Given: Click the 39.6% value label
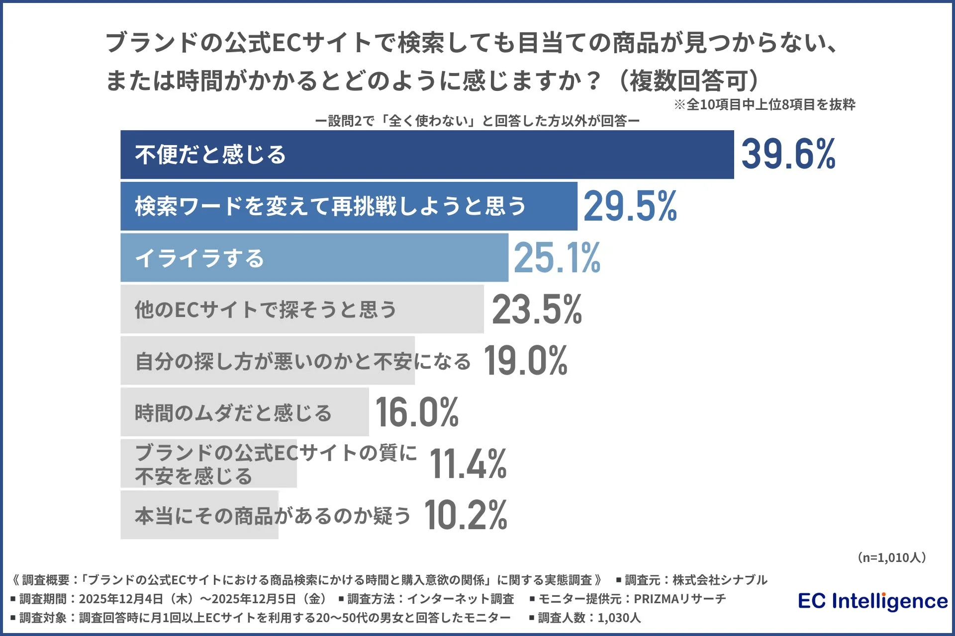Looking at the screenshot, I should pyautogui.click(x=788, y=155).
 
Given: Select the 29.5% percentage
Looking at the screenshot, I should pyautogui.click(x=630, y=206).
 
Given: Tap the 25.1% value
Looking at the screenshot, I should pyautogui.click(x=557, y=258).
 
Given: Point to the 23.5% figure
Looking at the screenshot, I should pyautogui.click(x=537, y=310).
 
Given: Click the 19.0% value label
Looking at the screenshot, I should pyautogui.click(x=525, y=361).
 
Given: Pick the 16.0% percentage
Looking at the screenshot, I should pyautogui.click(x=417, y=412).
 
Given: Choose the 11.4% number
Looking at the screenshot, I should pyautogui.click(x=468, y=464).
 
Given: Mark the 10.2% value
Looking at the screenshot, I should pyautogui.click(x=466, y=515).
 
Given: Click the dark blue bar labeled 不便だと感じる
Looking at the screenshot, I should pyautogui.click(x=427, y=155).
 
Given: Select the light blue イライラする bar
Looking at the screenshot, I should pyautogui.click(x=314, y=258).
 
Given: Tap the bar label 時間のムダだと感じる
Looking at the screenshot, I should pyautogui.click(x=233, y=413).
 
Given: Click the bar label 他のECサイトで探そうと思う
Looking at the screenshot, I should pyautogui.click(x=266, y=310).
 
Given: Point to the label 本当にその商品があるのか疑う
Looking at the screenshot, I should pyautogui.click(x=273, y=516).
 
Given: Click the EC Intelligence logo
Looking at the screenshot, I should pyautogui.click(x=872, y=601).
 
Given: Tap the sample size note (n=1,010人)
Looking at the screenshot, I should pyautogui.click(x=891, y=557).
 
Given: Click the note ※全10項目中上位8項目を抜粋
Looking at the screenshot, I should pyautogui.click(x=764, y=104).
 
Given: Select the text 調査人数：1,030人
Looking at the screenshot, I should pyautogui.click(x=589, y=618).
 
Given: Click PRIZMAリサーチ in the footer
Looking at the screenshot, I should pyautogui.click(x=679, y=599).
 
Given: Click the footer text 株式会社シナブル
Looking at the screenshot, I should pyautogui.click(x=720, y=580).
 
